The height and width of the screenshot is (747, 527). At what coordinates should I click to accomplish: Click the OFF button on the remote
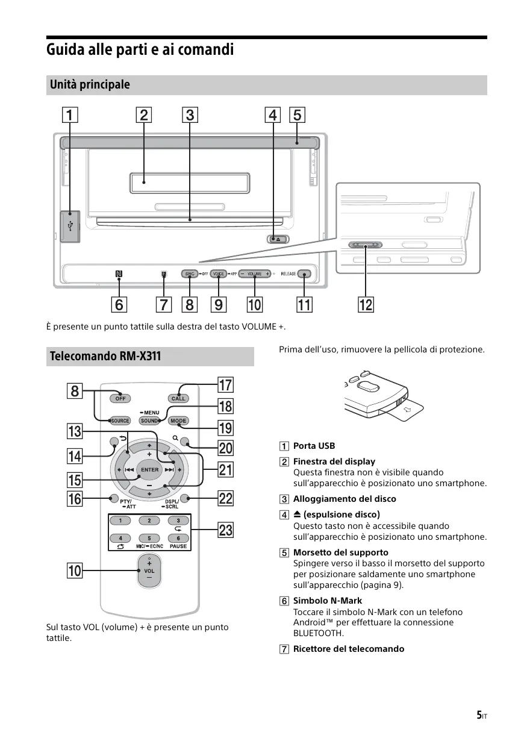[x=120, y=398]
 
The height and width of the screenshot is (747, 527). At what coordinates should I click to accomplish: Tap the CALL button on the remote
[x=178, y=398]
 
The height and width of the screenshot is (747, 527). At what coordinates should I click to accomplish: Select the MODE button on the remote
[x=178, y=420]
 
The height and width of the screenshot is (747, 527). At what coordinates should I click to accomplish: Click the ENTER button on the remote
[x=149, y=469]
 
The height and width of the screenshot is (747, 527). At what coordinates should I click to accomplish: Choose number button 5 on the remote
[x=149, y=538]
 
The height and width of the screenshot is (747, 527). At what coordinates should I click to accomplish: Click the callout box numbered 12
[x=366, y=305]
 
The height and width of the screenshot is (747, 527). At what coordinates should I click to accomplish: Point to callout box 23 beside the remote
[x=225, y=530]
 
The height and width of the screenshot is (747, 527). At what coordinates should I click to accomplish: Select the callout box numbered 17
[x=225, y=384]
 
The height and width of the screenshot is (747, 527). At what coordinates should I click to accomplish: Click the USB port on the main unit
[x=70, y=227]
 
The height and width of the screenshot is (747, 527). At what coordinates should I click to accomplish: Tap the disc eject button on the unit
[x=277, y=239]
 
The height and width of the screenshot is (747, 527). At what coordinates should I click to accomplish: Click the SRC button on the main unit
[x=190, y=274]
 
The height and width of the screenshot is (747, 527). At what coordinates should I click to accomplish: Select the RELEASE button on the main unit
[x=305, y=274]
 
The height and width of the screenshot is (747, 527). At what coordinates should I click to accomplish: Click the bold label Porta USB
[x=314, y=446]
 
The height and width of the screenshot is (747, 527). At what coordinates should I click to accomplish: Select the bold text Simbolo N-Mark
[x=327, y=601]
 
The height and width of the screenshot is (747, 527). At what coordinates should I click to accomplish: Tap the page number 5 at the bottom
[x=479, y=715]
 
